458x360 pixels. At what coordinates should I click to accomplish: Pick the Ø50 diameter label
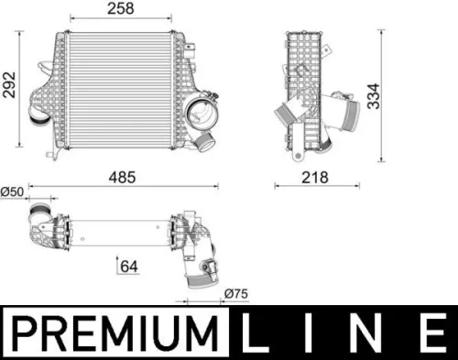(12, 191)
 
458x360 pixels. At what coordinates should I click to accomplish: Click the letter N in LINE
(371, 333)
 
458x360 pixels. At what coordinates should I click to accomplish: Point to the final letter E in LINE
(430, 333)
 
